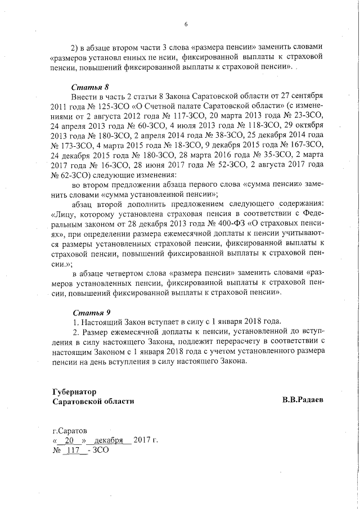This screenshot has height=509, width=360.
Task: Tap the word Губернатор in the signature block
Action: tap(74, 391)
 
